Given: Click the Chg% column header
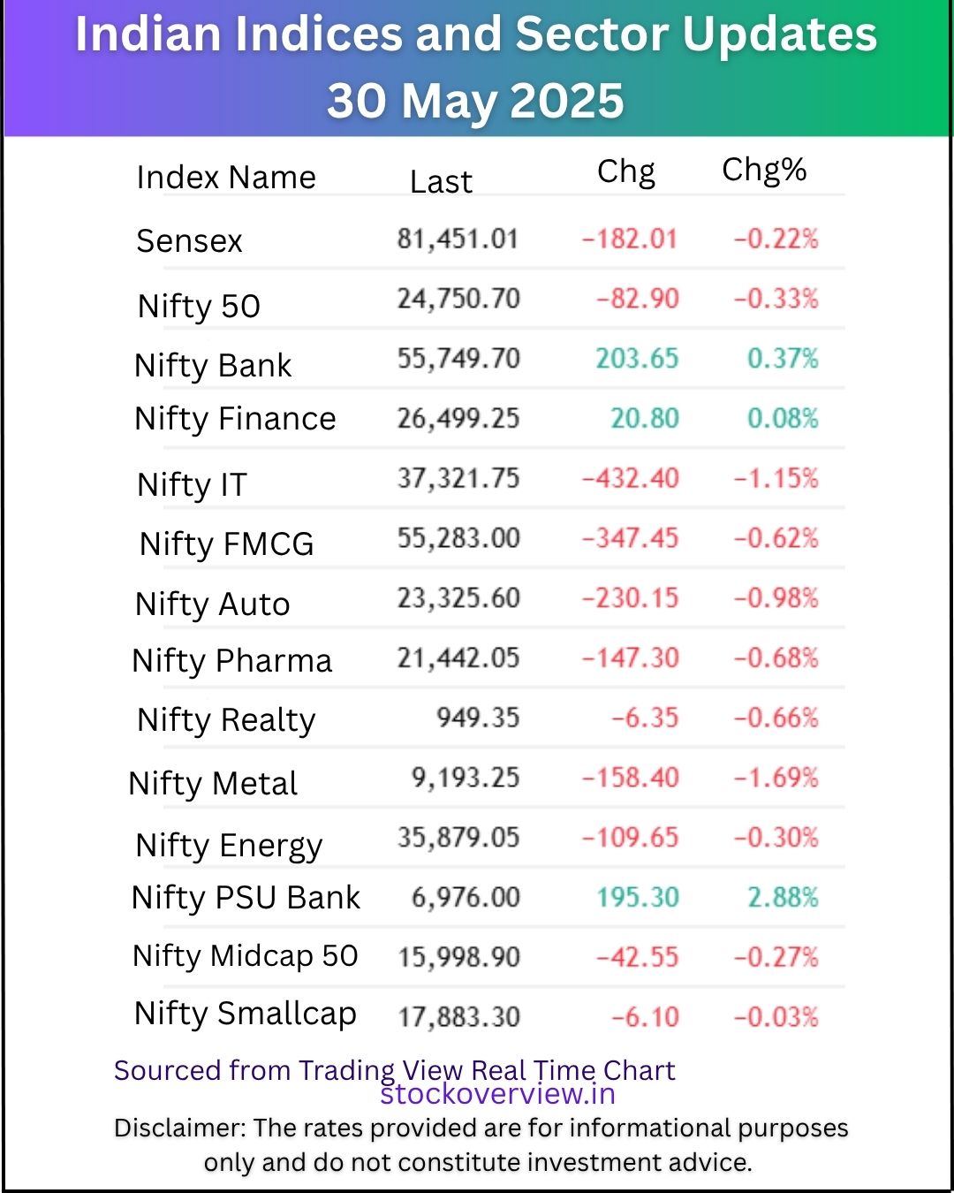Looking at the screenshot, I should [764, 170].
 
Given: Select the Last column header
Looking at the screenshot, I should [441, 181].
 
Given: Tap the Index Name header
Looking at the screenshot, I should [226, 178].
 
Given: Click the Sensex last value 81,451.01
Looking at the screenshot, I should [457, 239].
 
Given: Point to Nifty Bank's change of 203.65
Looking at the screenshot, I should [636, 359].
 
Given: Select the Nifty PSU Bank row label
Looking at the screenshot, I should [246, 898].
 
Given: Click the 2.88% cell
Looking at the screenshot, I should [782, 898].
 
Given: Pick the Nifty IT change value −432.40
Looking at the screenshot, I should [630, 479].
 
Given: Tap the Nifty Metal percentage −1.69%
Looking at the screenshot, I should [776, 779].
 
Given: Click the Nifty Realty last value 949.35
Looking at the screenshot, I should [477, 718].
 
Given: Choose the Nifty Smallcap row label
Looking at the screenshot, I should [245, 1014].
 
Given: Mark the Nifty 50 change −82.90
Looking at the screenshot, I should [637, 299].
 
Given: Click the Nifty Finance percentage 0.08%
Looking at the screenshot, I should [782, 418].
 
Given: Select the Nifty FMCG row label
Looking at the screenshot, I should [226, 544].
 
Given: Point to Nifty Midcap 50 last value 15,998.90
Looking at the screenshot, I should [458, 957].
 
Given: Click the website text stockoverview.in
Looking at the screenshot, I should [497, 1094].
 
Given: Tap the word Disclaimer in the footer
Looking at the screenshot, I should [179, 1128].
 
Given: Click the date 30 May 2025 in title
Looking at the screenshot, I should [475, 101].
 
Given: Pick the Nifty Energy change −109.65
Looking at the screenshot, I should [630, 838].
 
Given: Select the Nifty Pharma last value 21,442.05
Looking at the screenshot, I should [458, 658].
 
